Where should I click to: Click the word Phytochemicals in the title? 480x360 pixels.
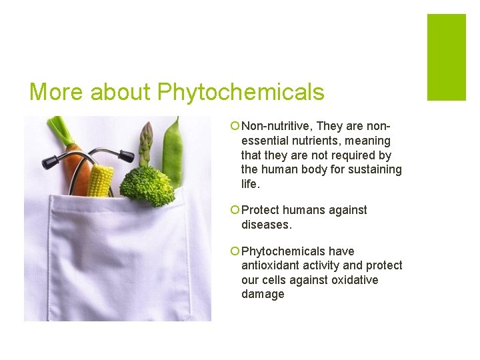pos(241,92)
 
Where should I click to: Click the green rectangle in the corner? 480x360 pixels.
pos(446,57)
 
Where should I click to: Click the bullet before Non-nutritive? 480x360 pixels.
pos(235,126)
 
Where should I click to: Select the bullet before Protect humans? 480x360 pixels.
pos(235,210)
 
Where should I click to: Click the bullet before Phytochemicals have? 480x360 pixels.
pos(235,251)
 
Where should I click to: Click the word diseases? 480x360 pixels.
pos(267,225)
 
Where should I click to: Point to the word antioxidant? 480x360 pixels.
pos(269,265)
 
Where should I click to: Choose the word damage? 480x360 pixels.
pos(263,294)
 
